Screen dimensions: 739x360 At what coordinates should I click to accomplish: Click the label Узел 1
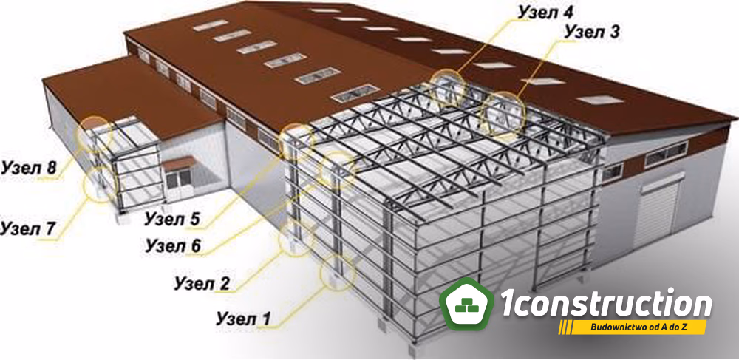tap(243, 319)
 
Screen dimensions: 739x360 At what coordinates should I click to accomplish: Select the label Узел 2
tap(202, 284)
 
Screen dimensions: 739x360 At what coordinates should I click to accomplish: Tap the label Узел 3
tap(592, 32)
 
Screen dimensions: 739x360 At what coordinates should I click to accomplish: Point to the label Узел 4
tap(545, 13)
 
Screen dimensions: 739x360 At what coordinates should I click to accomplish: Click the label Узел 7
tap(28, 228)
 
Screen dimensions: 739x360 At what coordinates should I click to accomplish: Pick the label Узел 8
tap(30, 168)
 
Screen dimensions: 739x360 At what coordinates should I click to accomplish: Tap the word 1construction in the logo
tap(605, 305)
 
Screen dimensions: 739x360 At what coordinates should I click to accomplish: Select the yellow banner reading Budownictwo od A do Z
tap(633, 327)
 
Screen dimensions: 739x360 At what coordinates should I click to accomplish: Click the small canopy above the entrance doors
tap(179, 163)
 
